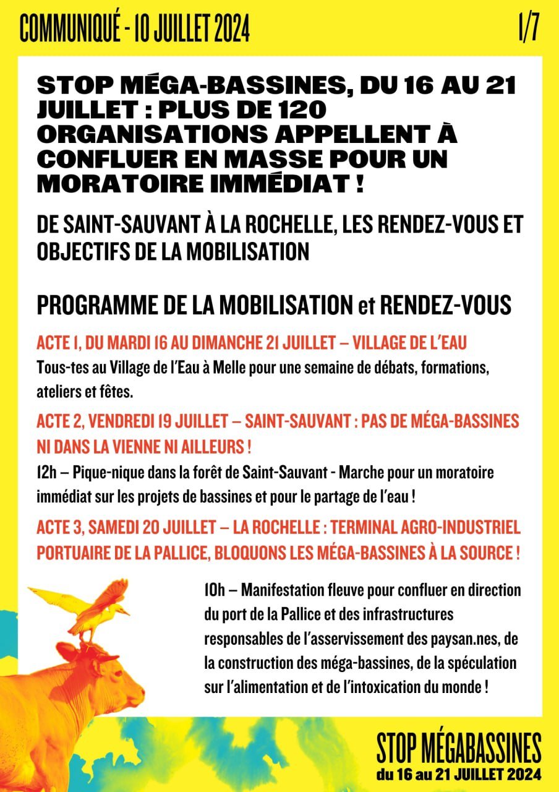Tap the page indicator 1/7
pos(529,28)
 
